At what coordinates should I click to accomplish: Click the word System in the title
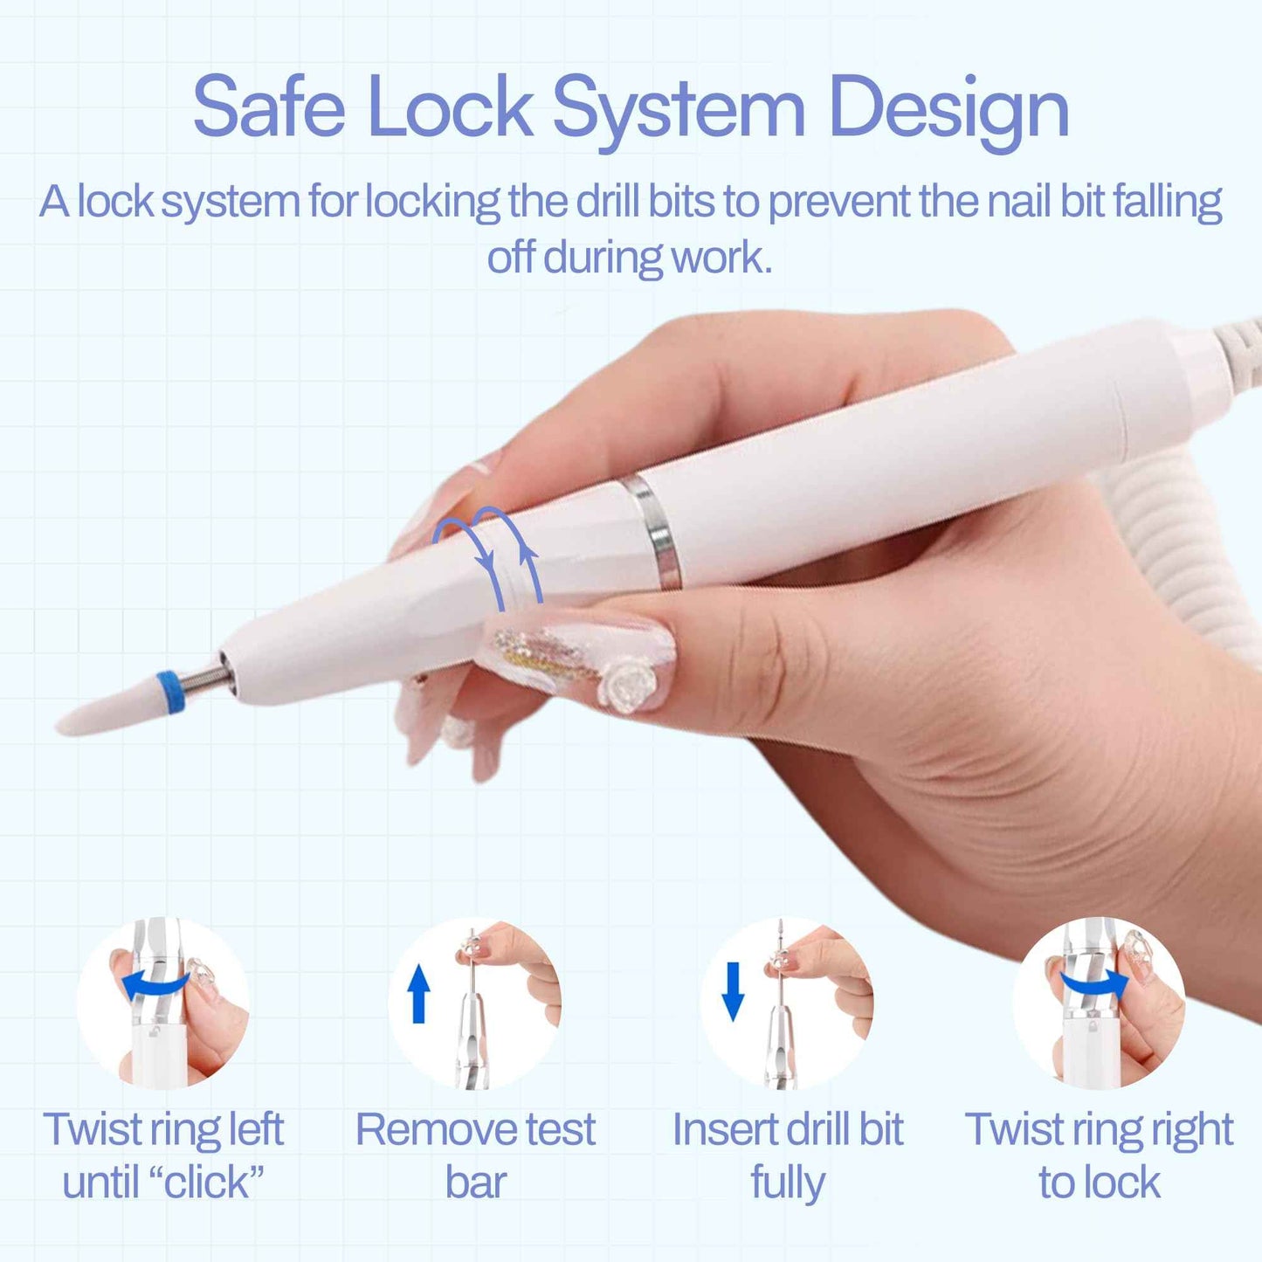(x=679, y=109)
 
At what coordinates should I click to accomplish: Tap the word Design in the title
(x=949, y=109)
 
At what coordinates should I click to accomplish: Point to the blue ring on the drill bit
(x=170, y=692)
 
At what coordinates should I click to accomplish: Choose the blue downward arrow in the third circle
(x=733, y=991)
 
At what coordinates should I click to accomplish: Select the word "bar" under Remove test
(x=475, y=1183)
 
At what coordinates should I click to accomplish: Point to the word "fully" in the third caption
(x=788, y=1183)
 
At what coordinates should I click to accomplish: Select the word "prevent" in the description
(x=838, y=203)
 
